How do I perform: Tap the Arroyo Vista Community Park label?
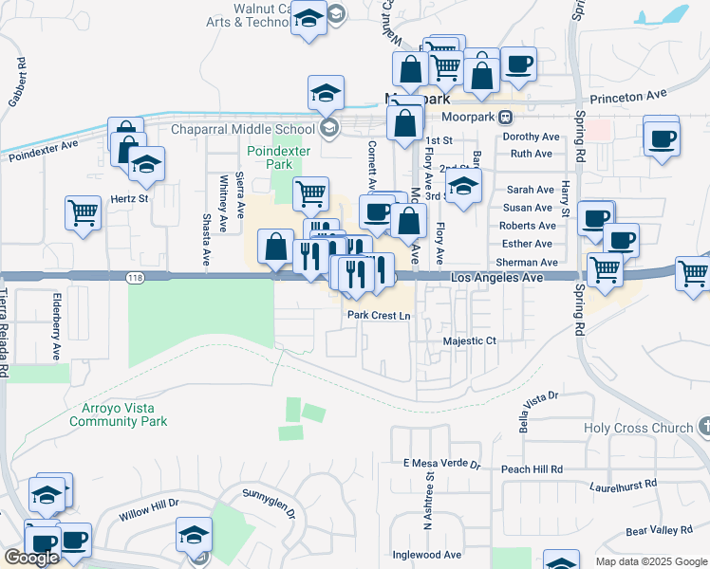click(x=119, y=414)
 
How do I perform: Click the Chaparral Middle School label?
click(x=242, y=130)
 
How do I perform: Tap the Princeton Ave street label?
click(x=628, y=96)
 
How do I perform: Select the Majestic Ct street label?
click(x=470, y=340)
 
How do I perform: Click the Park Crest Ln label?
click(x=380, y=316)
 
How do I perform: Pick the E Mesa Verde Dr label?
click(x=442, y=466)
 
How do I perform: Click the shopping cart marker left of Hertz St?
click(x=84, y=212)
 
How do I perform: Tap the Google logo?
click(x=31, y=558)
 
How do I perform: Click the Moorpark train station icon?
click(x=506, y=118)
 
